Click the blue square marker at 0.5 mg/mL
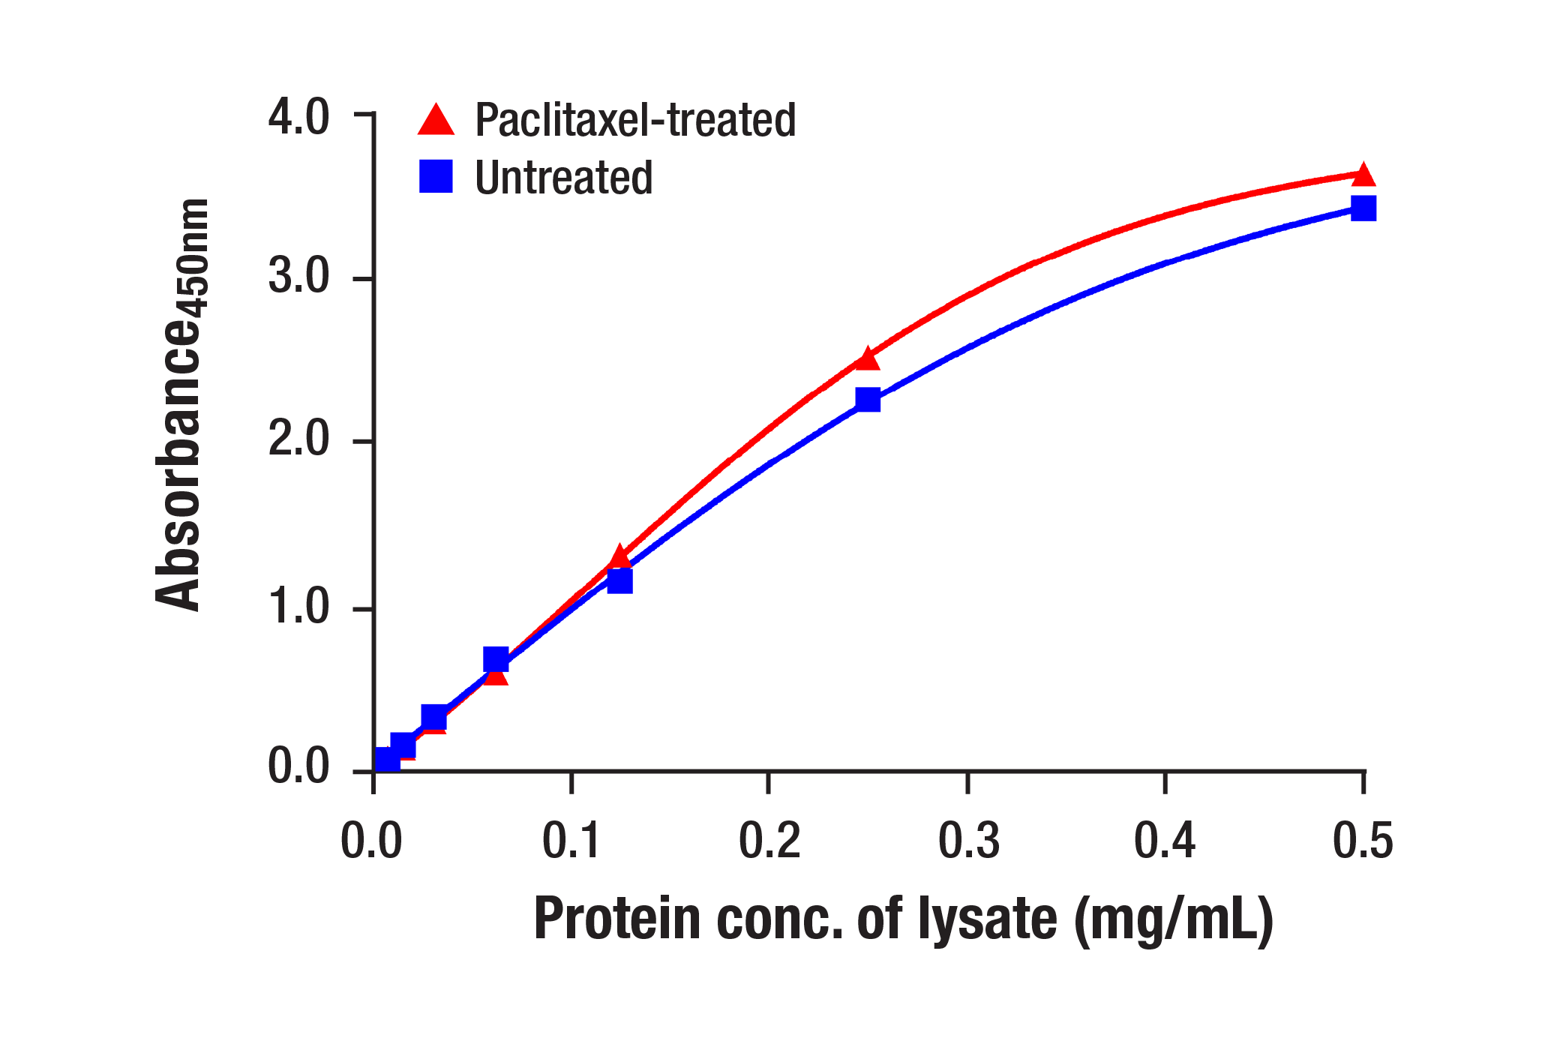pos(1363,208)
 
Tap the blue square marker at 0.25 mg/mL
pos(868,400)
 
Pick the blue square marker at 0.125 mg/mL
pos(619,581)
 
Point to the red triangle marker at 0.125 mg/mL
pos(619,557)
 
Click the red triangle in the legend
pos(436,121)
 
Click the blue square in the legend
pos(436,177)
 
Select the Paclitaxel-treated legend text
pos(635,120)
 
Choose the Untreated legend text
pos(563,178)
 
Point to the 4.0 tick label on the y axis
pos(298,117)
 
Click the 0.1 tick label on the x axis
pos(571,840)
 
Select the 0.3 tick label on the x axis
pos(968,840)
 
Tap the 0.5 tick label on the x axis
pos(1363,840)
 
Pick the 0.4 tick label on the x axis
pos(1164,840)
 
